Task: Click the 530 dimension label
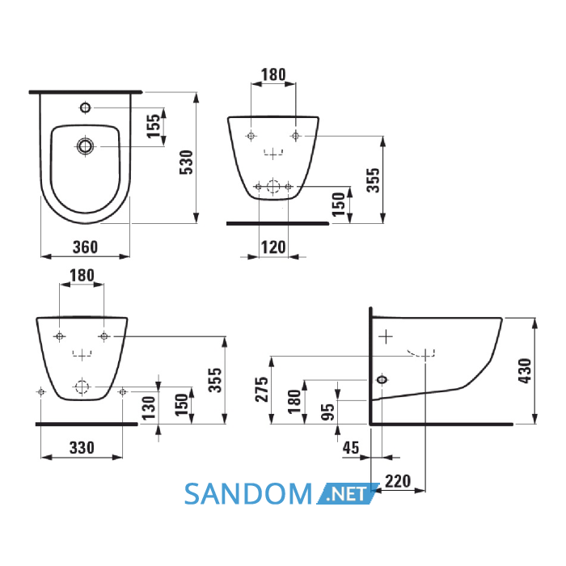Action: click(187, 163)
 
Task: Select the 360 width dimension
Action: click(85, 247)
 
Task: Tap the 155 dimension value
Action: click(154, 125)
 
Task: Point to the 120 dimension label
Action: click(273, 247)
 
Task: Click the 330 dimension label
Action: click(82, 448)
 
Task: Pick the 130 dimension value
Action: click(149, 408)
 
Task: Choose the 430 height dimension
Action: click(525, 370)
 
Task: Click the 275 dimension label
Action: click(262, 390)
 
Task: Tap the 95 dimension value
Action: click(327, 412)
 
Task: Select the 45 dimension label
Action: click(351, 448)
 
